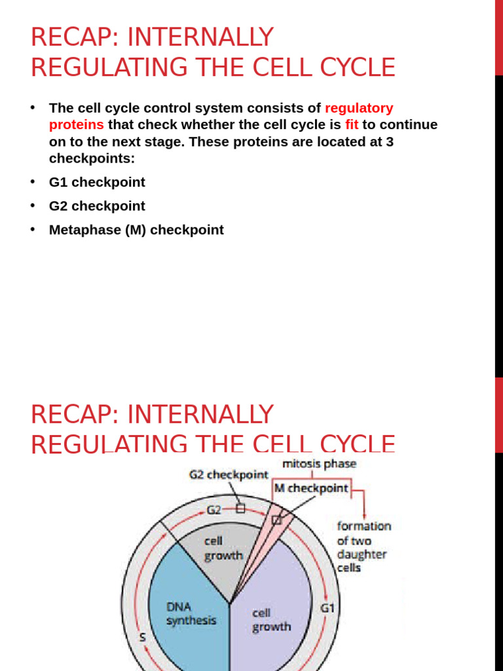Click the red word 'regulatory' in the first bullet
coord(359,108)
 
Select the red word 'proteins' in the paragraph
coord(76,125)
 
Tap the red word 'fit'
coord(352,125)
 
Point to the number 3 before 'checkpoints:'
coord(390,142)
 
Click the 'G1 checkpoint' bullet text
coord(97,182)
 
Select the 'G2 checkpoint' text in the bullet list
coord(97,206)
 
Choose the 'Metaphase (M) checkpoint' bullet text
coord(136,230)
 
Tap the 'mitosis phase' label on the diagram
coord(319,464)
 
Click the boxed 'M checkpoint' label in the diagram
coord(311,488)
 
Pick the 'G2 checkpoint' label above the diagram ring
coord(229,474)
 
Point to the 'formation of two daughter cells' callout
coord(363,546)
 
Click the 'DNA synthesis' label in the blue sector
coord(191,613)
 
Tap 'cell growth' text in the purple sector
coord(271,620)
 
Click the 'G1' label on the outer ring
coord(327,608)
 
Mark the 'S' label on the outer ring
coord(142,637)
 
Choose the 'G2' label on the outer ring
coord(214,509)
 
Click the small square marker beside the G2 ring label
coord(240,508)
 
